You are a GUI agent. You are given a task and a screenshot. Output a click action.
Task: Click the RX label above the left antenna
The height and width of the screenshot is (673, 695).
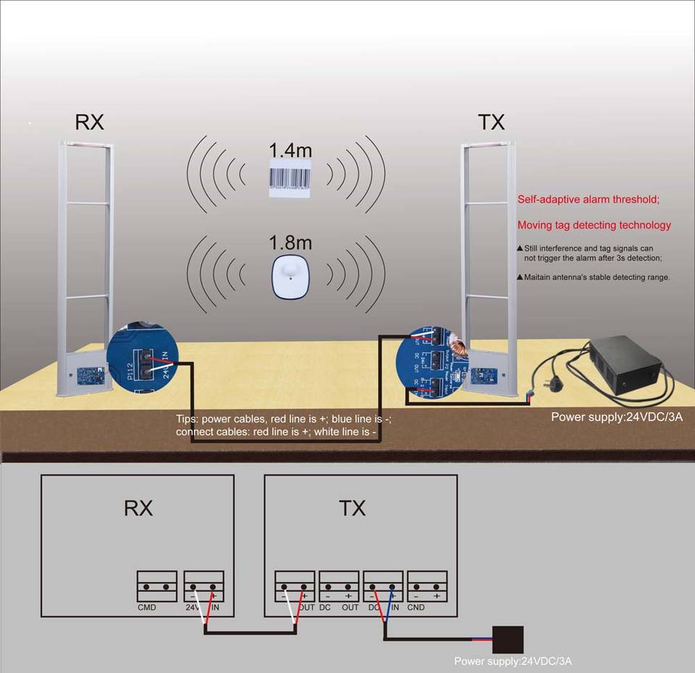tap(90, 122)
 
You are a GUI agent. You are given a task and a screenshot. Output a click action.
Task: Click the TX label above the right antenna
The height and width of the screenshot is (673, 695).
tap(491, 122)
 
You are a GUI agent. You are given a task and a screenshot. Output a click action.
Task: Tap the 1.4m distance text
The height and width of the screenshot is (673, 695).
tap(290, 151)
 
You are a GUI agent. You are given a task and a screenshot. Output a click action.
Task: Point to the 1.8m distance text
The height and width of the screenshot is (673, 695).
tap(290, 242)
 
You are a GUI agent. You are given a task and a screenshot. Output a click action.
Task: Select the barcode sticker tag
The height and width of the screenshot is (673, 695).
tap(290, 179)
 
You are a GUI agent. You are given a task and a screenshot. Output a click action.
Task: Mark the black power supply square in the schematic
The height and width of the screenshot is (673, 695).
tap(507, 640)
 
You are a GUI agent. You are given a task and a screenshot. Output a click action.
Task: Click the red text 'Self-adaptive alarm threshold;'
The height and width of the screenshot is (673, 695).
tap(588, 200)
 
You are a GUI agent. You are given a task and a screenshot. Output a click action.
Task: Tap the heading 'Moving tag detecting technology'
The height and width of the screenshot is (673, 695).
tap(594, 225)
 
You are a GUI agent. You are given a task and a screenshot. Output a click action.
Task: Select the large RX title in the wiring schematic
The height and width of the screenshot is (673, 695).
tap(138, 508)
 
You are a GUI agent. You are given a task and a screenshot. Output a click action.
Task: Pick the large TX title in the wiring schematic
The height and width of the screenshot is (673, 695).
tap(353, 508)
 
